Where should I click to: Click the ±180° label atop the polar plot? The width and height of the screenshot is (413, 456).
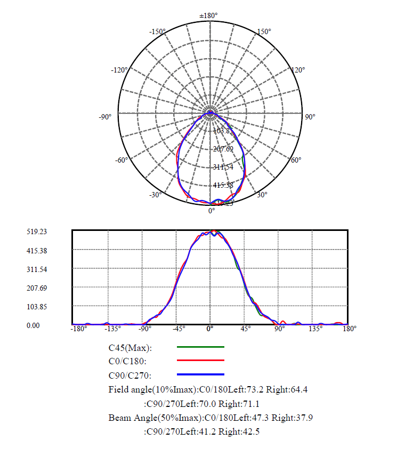(208, 15)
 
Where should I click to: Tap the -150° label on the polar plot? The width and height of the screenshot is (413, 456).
(157, 32)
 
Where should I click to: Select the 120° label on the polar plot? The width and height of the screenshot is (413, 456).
(298, 70)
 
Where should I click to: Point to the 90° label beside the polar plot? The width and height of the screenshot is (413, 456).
(310, 117)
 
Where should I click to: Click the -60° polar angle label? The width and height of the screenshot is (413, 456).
(122, 160)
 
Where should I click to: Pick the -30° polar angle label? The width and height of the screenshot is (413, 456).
(155, 195)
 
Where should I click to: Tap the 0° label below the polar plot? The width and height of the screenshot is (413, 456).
(212, 211)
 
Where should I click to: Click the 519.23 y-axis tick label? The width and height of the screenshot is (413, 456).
(37, 232)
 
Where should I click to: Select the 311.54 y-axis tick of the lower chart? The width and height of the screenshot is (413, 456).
(37, 269)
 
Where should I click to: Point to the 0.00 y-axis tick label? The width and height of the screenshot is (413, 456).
(33, 325)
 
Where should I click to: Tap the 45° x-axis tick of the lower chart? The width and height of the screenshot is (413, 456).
(246, 329)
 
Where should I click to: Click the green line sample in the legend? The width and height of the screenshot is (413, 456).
(200, 347)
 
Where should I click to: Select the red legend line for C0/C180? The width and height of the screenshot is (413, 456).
(200, 361)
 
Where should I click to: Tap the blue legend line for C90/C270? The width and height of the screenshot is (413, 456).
(200, 374)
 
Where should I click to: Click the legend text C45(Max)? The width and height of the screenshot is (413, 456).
(130, 348)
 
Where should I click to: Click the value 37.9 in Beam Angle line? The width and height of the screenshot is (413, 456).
(304, 418)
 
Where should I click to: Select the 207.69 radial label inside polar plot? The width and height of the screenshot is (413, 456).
(223, 149)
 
